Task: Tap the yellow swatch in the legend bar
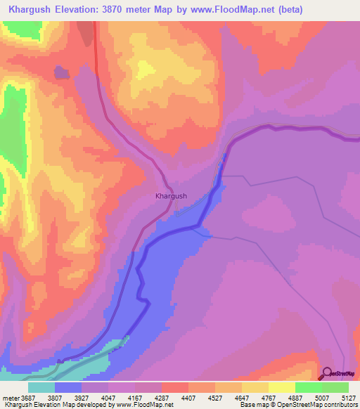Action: [281, 387]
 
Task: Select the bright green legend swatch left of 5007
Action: [308, 387]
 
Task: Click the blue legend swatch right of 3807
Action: [67, 387]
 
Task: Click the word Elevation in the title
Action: [77, 9]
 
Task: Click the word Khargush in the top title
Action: [29, 9]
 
